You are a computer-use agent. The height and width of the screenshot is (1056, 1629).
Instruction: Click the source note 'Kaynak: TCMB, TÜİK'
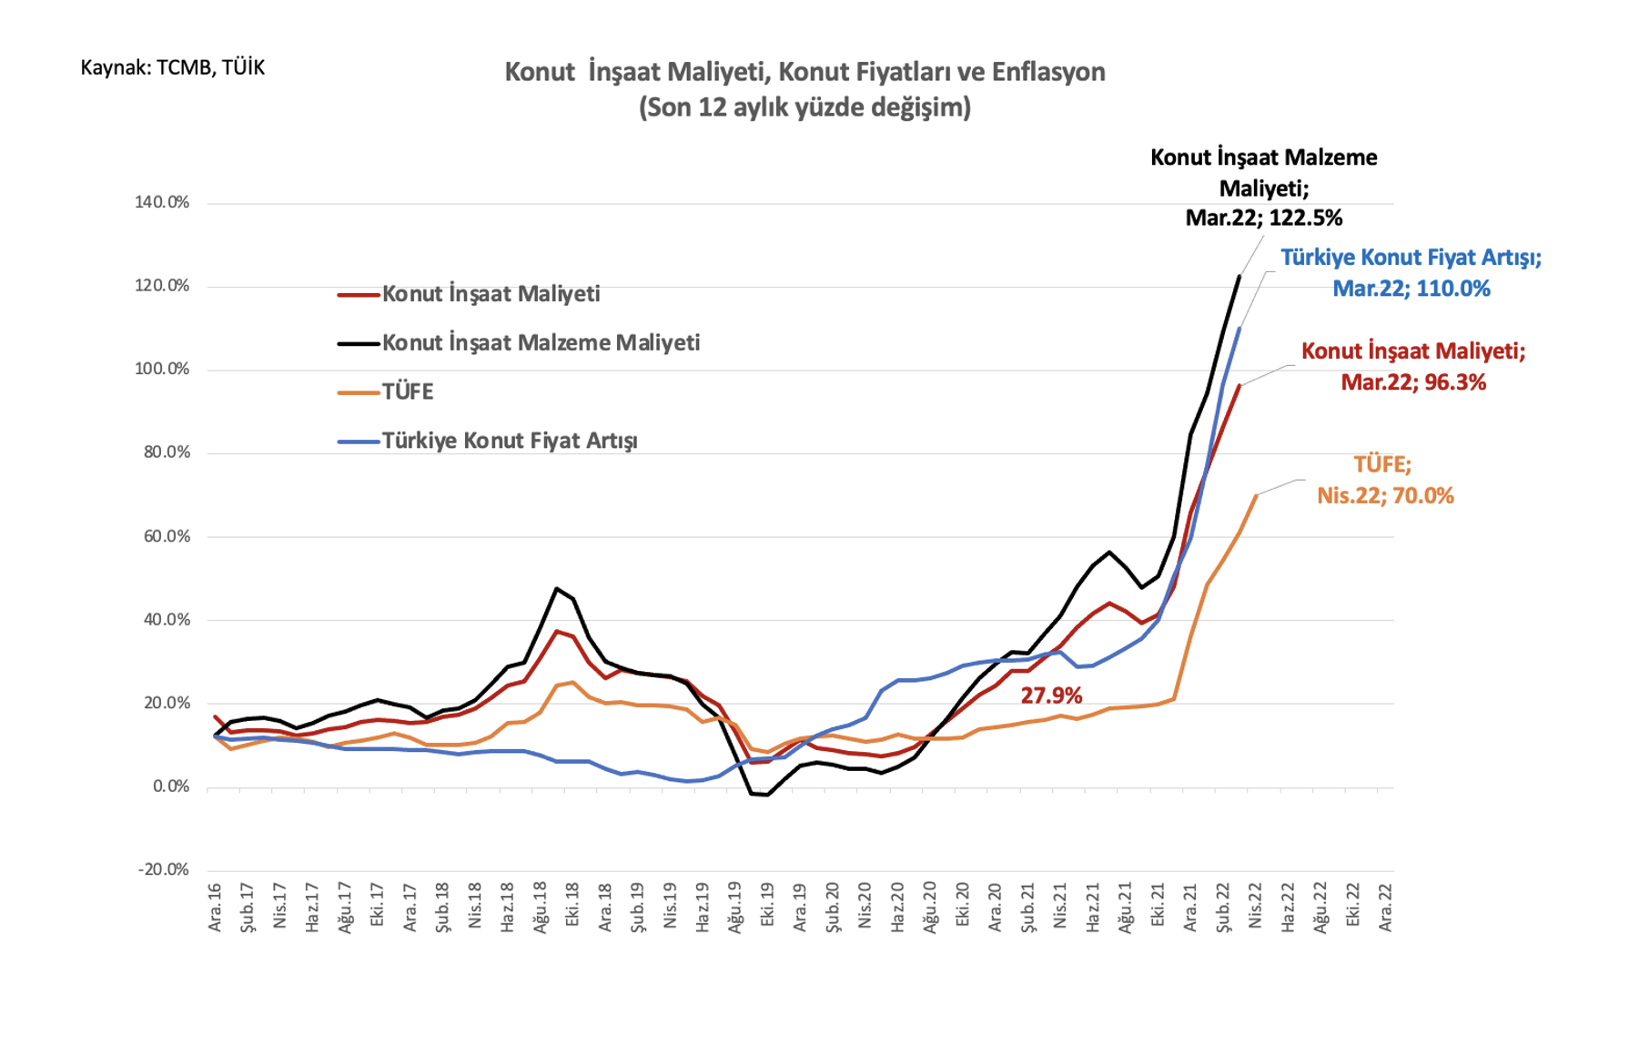[x=173, y=67]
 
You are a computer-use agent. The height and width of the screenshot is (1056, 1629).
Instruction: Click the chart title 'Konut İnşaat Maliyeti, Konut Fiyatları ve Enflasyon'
[x=804, y=73]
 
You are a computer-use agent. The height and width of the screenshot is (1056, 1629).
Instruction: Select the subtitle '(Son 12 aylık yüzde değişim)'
[x=804, y=107]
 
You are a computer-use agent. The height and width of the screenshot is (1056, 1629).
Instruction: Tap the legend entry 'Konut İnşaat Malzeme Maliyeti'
[x=519, y=343]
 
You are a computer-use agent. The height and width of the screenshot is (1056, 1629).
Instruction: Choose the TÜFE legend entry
[x=386, y=392]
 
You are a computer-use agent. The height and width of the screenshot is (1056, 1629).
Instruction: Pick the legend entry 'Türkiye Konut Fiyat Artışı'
[x=488, y=442]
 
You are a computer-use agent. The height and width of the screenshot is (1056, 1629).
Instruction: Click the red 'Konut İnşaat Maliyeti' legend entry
[x=469, y=294]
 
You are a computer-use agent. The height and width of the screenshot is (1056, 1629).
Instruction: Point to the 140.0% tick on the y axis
[x=162, y=202]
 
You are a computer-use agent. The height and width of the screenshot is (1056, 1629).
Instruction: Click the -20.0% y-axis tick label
[x=164, y=869]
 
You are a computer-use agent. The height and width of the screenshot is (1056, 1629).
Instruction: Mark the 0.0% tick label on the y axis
[x=171, y=787]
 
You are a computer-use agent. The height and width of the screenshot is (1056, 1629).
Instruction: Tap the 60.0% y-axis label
[x=167, y=536]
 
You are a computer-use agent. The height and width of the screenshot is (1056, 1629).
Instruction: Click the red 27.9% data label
[x=1051, y=696]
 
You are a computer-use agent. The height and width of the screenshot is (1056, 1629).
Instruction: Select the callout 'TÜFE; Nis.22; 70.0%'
[x=1385, y=481]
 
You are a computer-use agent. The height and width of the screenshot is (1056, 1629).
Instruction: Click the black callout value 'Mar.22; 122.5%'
[x=1263, y=218]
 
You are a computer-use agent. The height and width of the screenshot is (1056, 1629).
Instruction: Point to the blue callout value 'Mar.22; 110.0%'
[x=1411, y=289]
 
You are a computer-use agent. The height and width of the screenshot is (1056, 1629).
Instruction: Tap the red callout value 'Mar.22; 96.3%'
[x=1413, y=382]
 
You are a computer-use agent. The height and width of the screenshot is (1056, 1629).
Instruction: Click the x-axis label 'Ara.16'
[x=216, y=907]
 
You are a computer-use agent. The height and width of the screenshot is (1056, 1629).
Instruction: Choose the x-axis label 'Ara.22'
[x=1385, y=907]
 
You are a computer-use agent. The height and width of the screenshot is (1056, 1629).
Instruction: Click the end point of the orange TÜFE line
[x=1256, y=495]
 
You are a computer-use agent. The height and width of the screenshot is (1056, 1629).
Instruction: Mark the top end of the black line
[x=1239, y=277]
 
